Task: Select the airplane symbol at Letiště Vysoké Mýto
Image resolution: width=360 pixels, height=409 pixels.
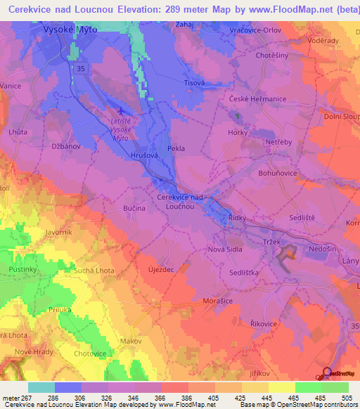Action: coord(124,111)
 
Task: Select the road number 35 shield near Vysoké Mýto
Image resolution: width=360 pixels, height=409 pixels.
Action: coord(82,68)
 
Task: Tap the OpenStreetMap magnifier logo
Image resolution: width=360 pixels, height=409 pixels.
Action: coord(326,372)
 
